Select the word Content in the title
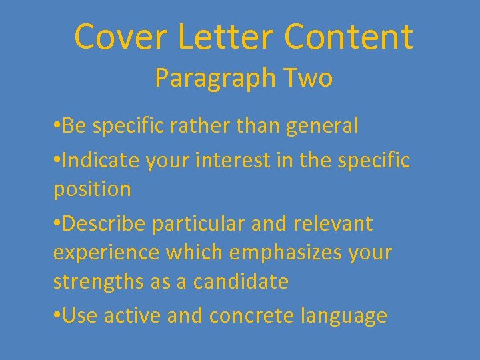[348, 37]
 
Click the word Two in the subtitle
[307, 79]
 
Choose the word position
[92, 190]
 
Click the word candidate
[241, 281]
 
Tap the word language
[344, 316]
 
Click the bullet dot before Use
[56, 315]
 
